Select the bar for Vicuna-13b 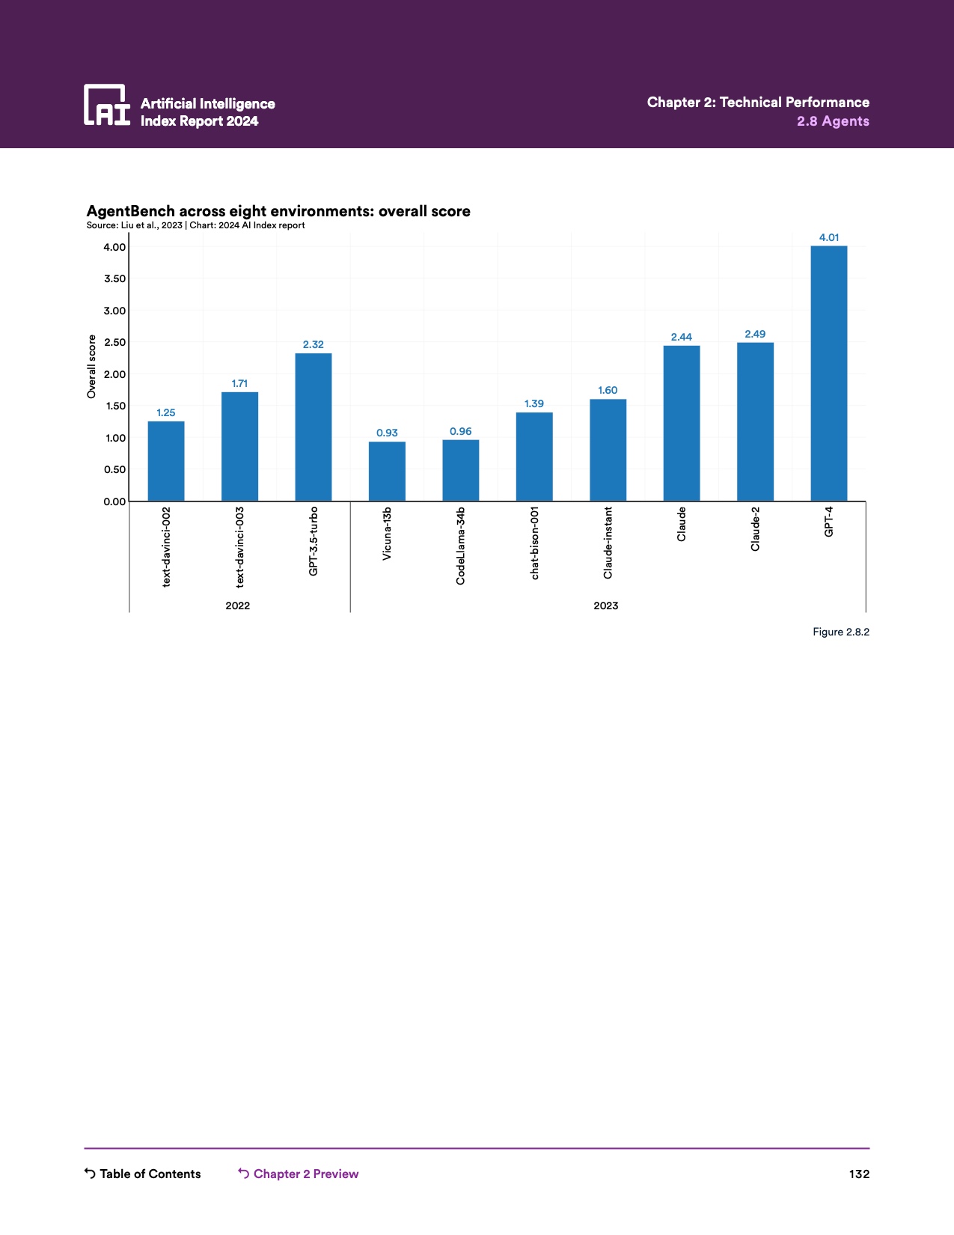[x=387, y=471]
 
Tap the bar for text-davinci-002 [x=166, y=461]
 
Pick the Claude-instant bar [x=608, y=450]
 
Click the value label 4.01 [x=828, y=238]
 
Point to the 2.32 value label [x=313, y=344]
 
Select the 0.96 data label [x=460, y=431]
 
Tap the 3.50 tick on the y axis [x=114, y=279]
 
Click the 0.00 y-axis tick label [x=114, y=501]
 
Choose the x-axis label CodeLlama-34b [x=460, y=546]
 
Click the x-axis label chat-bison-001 [x=534, y=543]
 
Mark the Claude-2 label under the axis [x=755, y=529]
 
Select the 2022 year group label [x=238, y=606]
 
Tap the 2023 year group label [x=606, y=606]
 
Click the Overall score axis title [x=92, y=366]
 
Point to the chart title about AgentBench [x=278, y=211]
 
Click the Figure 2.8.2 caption [x=840, y=632]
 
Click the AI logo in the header [x=107, y=105]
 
